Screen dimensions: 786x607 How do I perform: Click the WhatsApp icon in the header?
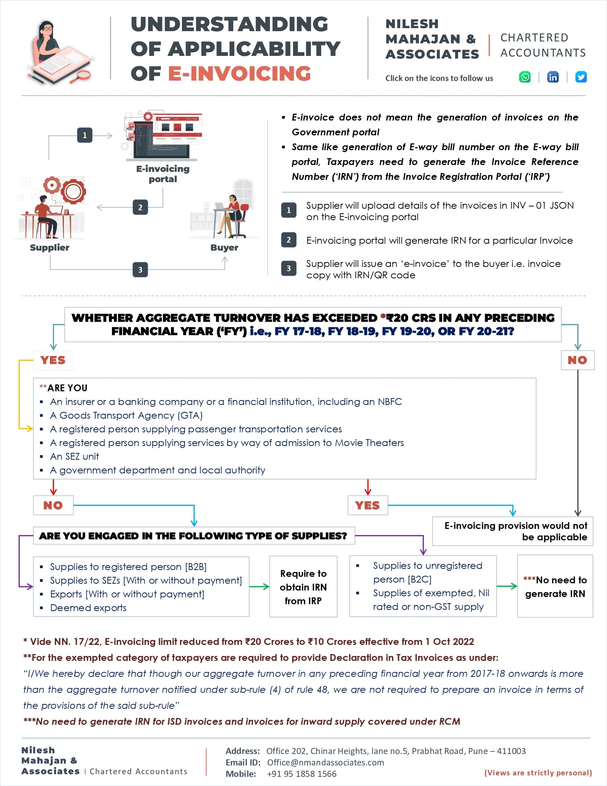pyautogui.click(x=525, y=77)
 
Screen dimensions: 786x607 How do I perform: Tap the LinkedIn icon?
pyautogui.click(x=553, y=77)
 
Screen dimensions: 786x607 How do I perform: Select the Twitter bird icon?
pyautogui.click(x=581, y=77)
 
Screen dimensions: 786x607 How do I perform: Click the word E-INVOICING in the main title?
pyautogui.click(x=239, y=73)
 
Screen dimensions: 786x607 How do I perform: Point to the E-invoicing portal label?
pyautogui.click(x=163, y=174)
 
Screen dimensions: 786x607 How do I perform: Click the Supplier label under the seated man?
pyautogui.click(x=49, y=248)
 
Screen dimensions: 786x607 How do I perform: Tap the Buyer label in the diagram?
pyautogui.click(x=224, y=248)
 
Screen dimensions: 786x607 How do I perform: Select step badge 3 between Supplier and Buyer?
pyautogui.click(x=140, y=270)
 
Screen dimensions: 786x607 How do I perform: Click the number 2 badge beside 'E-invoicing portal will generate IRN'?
pyautogui.click(x=288, y=240)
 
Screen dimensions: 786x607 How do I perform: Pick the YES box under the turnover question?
pyautogui.click(x=53, y=360)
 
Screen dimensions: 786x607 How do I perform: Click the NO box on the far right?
pyautogui.click(x=577, y=360)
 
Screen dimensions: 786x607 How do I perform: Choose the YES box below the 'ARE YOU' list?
pyautogui.click(x=367, y=505)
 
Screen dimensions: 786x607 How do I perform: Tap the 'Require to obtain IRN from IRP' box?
pyautogui.click(x=303, y=587)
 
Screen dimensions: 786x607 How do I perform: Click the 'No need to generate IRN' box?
pyautogui.click(x=554, y=586)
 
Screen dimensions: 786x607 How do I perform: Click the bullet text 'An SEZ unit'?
pyautogui.click(x=75, y=456)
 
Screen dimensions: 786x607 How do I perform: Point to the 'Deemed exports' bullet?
pyautogui.click(x=88, y=608)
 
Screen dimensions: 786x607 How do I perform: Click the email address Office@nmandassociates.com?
pyautogui.click(x=325, y=762)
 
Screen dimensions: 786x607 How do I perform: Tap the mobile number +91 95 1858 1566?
pyautogui.click(x=301, y=774)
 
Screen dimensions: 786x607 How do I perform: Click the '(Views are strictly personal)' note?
pyautogui.click(x=538, y=773)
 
